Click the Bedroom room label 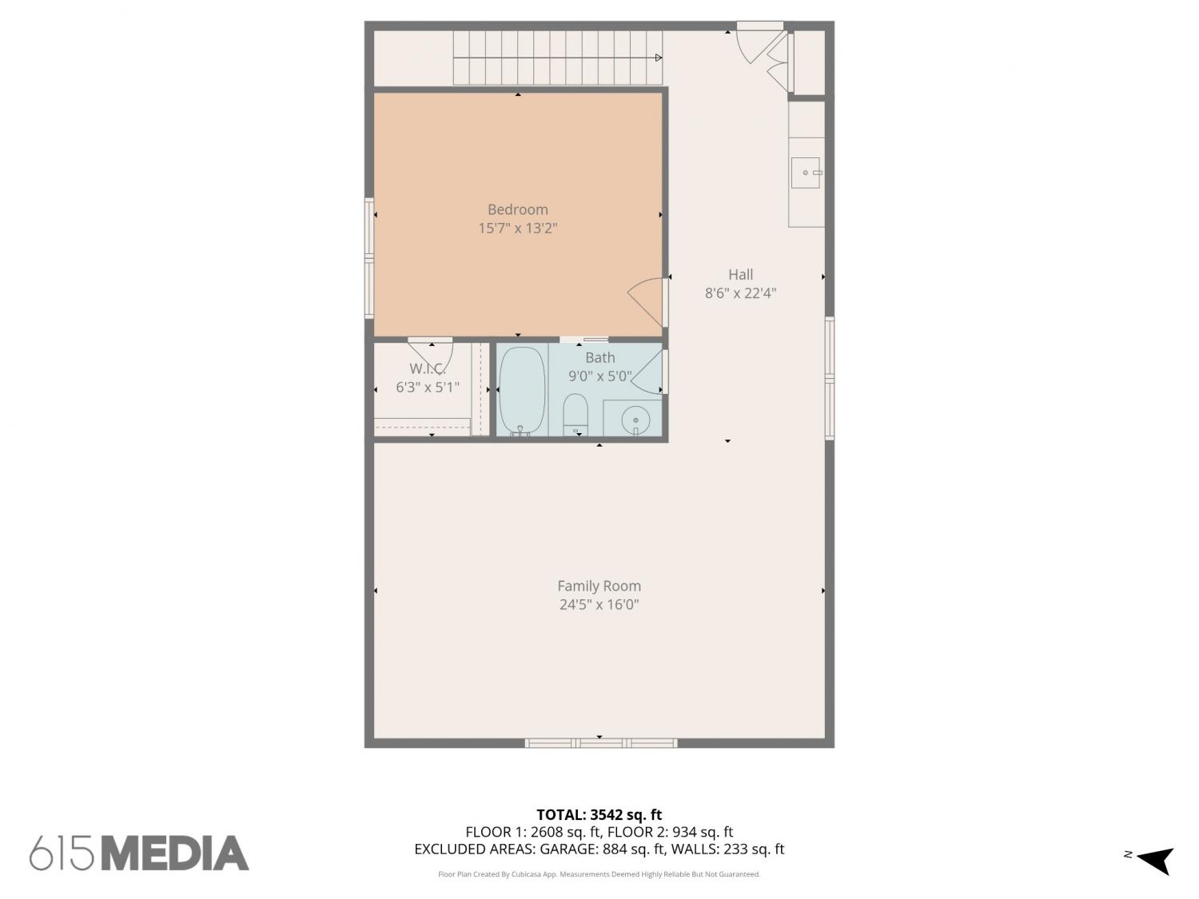click(517, 209)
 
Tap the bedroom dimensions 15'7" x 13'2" click(517, 229)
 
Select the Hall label click(740, 275)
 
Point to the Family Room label click(599, 586)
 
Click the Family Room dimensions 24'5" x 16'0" click(599, 605)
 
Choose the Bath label click(599, 357)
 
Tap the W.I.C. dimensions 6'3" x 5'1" click(427, 387)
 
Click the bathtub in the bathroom click(522, 392)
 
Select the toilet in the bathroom click(576, 413)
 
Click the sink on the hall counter click(806, 173)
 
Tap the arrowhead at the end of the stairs click(659, 58)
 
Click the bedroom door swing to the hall click(646, 302)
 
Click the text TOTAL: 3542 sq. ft click(599, 814)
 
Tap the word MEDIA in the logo click(175, 853)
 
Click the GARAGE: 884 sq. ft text click(603, 849)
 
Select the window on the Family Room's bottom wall click(601, 743)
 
